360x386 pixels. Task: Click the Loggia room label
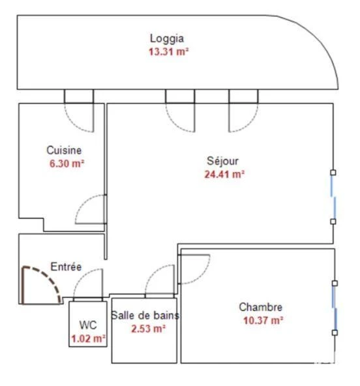167,38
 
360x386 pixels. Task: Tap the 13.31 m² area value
168,52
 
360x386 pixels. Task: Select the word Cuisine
64,151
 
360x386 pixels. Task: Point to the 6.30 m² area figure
67,164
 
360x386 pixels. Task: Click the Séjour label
222,161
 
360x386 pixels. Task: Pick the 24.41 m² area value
224,175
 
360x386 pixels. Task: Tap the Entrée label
66,267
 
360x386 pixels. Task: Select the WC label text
88,325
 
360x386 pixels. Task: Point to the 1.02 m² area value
89,339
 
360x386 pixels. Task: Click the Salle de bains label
145,316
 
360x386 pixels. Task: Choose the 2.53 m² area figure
148,329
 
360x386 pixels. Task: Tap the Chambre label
260,307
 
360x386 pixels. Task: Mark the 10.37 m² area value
263,321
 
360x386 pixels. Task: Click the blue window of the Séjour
333,197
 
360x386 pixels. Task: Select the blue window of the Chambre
335,308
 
